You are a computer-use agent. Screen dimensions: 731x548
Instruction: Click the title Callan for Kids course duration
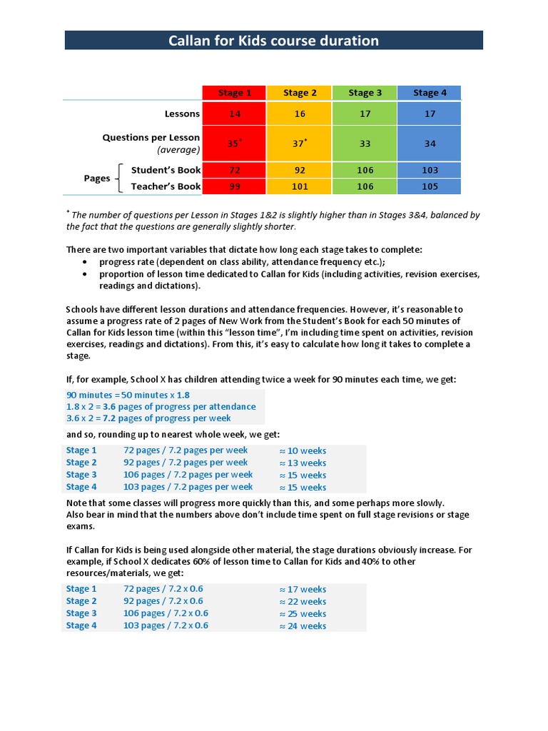coord(273,41)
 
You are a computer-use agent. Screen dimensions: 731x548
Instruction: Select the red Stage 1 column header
coord(234,93)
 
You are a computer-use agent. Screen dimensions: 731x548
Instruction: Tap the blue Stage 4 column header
coord(430,93)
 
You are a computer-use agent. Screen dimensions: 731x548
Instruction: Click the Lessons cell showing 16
coord(299,114)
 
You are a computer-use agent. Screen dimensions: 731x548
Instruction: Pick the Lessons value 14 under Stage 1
coord(234,114)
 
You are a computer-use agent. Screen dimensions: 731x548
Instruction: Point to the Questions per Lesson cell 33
coord(365,143)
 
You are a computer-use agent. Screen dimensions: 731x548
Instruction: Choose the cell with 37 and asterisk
coord(299,143)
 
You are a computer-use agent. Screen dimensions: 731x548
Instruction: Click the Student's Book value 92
coord(299,171)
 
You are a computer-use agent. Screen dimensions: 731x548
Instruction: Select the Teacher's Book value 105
coord(430,187)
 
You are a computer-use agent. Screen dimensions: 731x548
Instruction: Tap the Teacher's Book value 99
coord(234,187)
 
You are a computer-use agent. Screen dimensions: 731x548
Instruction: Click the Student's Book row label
coord(166,170)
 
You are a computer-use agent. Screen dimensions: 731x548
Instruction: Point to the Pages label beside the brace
coord(97,178)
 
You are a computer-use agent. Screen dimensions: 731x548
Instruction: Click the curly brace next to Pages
coord(119,178)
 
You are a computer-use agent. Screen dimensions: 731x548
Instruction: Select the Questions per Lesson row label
coord(151,143)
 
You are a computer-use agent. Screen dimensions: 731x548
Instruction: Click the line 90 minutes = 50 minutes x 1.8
coord(128,395)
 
